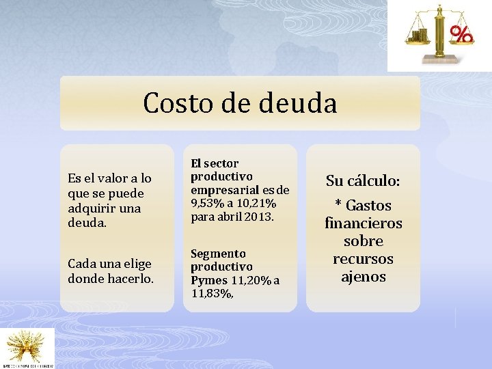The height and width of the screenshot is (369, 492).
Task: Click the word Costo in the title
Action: (178, 104)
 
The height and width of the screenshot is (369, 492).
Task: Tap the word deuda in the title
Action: (299, 104)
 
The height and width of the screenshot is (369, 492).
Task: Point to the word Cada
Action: (82, 264)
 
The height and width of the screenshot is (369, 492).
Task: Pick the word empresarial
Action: (223, 190)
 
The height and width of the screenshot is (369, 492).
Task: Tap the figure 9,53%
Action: (208, 204)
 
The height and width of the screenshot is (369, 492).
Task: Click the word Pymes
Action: (208, 280)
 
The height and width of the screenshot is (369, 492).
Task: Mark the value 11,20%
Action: (251, 280)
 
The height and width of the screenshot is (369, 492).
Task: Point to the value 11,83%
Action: (213, 293)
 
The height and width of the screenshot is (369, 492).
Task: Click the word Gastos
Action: (368, 206)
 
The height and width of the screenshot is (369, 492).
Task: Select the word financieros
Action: (363, 223)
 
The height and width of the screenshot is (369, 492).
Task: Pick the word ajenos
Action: (363, 277)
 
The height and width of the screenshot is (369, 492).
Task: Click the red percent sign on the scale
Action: (463, 34)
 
